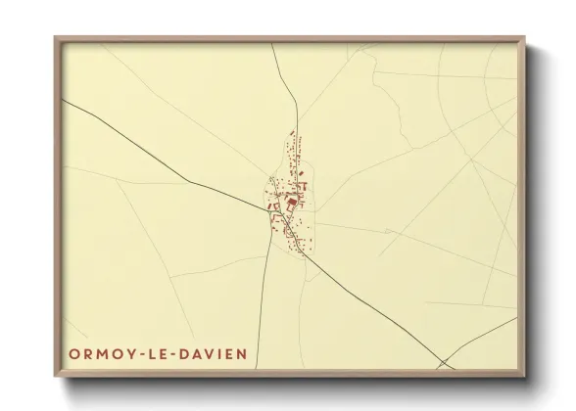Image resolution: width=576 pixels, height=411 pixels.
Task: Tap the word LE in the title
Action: click(143, 350)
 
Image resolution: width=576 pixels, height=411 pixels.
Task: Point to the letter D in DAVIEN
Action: click(165, 350)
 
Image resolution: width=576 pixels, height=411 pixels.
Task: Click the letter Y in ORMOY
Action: click(120, 350)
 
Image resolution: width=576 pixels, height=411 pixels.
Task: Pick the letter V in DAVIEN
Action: click(189, 350)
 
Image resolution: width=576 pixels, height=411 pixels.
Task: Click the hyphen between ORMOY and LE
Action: click(129, 350)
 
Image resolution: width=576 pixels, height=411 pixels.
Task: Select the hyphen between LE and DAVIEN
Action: click(156, 350)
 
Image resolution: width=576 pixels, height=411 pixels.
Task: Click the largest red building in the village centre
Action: click(291, 204)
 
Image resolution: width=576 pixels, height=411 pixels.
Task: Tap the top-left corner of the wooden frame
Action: click(56, 37)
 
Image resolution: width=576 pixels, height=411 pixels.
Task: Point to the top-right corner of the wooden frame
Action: click(526, 37)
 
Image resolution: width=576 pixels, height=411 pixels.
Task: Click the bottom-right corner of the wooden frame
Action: click(526, 376)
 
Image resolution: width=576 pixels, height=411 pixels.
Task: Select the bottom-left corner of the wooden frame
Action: click(56, 376)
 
